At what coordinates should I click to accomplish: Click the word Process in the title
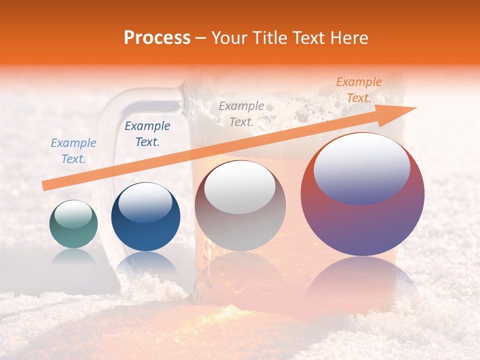pos(157,38)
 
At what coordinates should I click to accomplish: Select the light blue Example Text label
pos(73,151)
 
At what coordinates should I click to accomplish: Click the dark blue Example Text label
pos(147,134)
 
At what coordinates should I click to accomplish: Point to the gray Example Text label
pos(241,113)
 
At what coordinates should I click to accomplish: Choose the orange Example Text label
pos(359,90)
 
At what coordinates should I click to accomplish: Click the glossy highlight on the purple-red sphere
pos(361,168)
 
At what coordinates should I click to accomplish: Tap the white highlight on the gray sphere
pos(240,187)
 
